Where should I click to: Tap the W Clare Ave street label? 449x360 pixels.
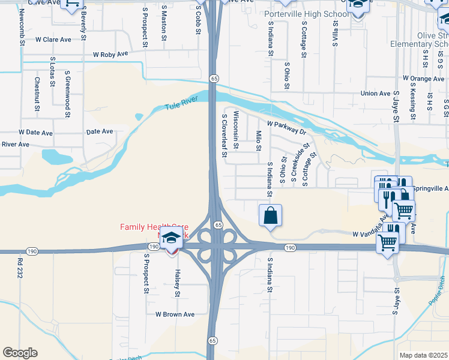(53, 40)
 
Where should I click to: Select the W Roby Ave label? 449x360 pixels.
(111, 54)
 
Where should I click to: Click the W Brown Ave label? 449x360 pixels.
(175, 314)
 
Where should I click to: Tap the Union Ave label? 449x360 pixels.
(376, 94)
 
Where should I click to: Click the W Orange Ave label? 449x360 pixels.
(423, 79)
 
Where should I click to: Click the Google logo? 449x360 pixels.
(20, 353)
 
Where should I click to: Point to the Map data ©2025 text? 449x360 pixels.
(423, 355)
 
